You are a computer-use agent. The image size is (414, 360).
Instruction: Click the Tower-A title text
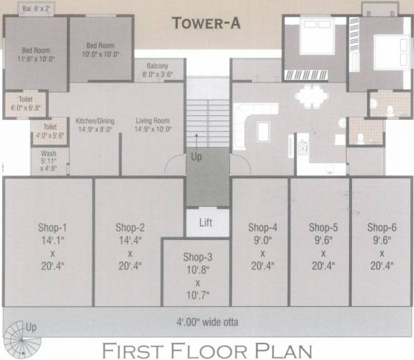(x=206, y=23)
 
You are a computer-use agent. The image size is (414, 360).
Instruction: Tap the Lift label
(x=206, y=223)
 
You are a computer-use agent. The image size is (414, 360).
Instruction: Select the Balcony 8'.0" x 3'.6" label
(x=156, y=71)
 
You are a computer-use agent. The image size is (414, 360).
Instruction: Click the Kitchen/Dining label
(x=95, y=125)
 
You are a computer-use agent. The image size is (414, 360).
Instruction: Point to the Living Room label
(x=152, y=125)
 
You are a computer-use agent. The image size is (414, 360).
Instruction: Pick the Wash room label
(x=49, y=161)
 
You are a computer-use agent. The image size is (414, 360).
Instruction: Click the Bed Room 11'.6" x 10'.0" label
(x=35, y=54)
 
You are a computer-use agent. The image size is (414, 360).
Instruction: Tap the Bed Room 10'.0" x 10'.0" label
(x=101, y=50)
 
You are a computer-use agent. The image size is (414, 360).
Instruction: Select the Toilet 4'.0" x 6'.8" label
(x=26, y=104)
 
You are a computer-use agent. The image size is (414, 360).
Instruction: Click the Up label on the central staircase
(x=197, y=157)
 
